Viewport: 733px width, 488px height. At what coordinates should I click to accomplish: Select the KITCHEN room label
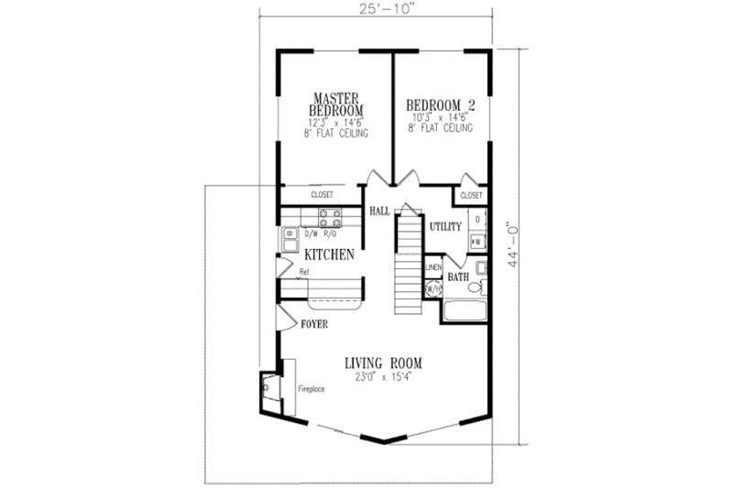[329, 255]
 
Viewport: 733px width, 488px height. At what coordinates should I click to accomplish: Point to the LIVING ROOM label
[384, 362]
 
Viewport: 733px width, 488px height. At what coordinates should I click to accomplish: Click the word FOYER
[314, 324]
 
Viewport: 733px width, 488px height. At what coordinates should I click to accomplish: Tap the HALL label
[379, 211]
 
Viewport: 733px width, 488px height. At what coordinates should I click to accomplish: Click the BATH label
[458, 275]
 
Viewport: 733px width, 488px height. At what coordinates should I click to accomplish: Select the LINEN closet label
[433, 267]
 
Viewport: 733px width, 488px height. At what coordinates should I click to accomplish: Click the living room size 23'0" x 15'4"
[384, 375]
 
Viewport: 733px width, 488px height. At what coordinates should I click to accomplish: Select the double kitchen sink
[289, 240]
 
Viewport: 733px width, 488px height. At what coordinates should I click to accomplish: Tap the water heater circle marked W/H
[432, 287]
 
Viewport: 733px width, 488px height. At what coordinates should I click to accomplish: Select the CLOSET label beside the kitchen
[321, 195]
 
